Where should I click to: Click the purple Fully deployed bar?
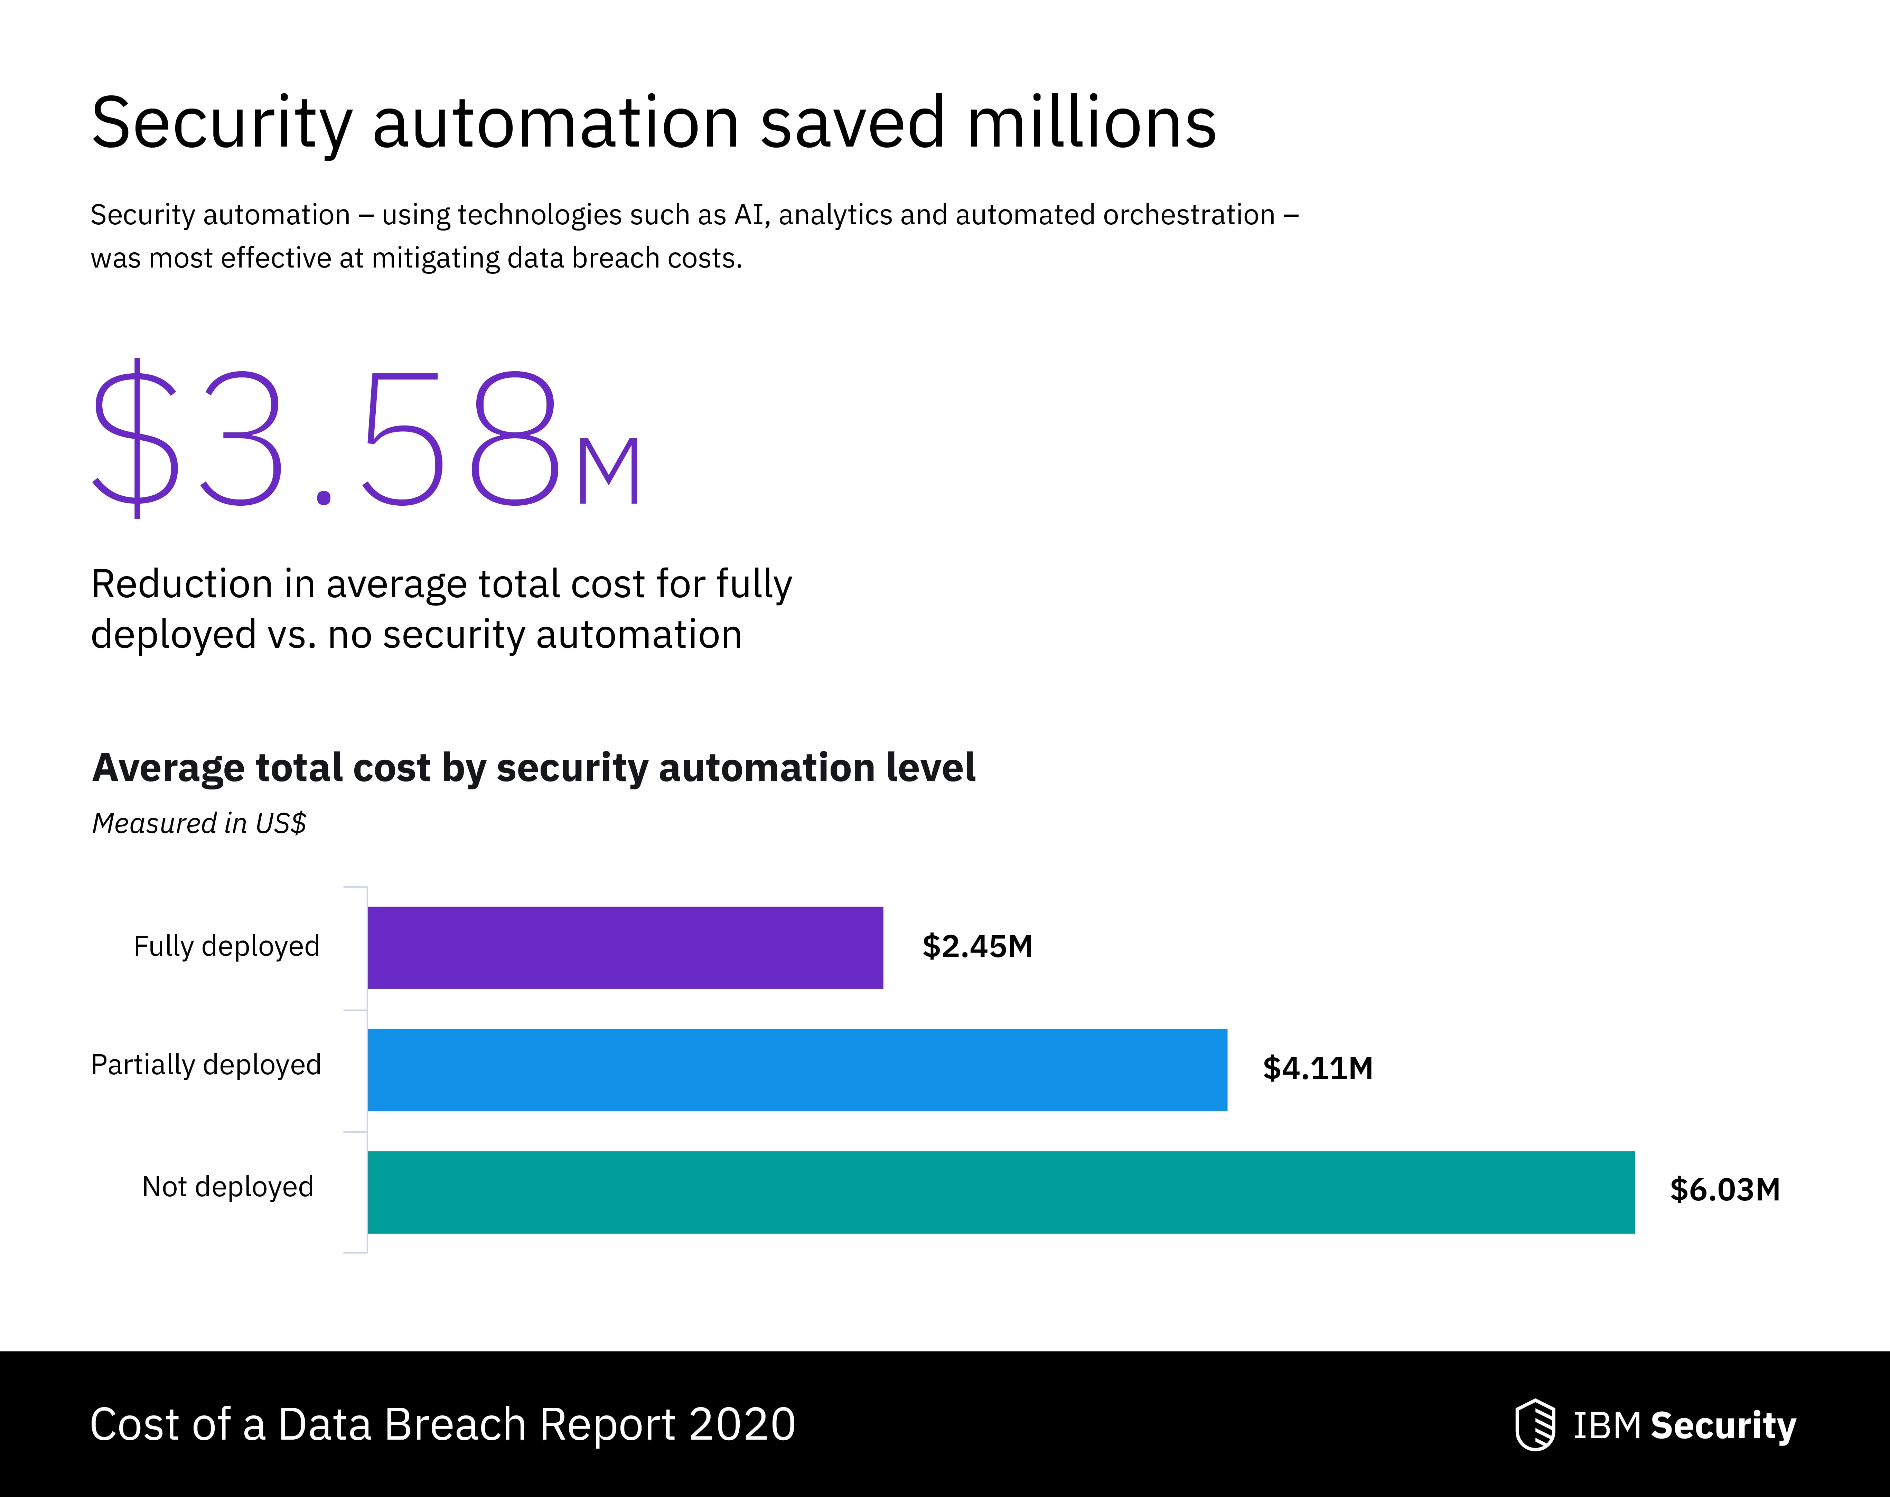[x=625, y=947]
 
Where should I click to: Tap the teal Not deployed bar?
[x=1001, y=1192]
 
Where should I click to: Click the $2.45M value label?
[x=977, y=947]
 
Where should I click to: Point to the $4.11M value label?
[x=1317, y=1068]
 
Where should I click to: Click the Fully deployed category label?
[x=226, y=947]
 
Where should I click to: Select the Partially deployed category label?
[x=206, y=1065]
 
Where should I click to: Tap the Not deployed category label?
[x=228, y=1187]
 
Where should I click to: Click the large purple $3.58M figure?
[x=368, y=438]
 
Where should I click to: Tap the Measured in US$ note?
[x=199, y=824]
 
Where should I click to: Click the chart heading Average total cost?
[x=533, y=768]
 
